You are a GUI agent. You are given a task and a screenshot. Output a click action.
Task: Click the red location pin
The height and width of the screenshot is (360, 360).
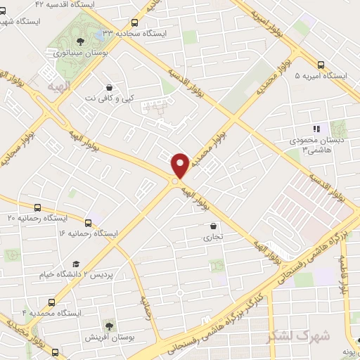pos(180,165)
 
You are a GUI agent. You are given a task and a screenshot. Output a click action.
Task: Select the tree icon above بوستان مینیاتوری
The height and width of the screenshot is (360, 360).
pos(79,41)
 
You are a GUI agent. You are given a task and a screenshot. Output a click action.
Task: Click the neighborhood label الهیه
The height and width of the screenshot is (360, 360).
pos(59,85)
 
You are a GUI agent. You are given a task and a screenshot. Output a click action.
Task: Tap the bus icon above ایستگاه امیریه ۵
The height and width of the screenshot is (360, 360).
pos(321,63)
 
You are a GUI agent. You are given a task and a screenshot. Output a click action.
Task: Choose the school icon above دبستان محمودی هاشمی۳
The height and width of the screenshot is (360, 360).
pos(316,129)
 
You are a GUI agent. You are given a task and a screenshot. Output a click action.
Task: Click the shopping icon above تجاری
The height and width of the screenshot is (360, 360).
pos(213,226)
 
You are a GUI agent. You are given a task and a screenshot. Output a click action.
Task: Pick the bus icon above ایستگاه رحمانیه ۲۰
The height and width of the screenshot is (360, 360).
pos(37,207)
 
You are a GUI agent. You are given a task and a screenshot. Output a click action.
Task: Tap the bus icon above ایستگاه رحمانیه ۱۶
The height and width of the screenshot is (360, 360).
pos(88,221)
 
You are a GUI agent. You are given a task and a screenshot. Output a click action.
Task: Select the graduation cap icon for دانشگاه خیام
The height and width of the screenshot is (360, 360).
pos(76,264)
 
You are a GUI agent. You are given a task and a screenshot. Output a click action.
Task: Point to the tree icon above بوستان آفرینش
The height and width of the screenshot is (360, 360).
pos(108,325)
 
